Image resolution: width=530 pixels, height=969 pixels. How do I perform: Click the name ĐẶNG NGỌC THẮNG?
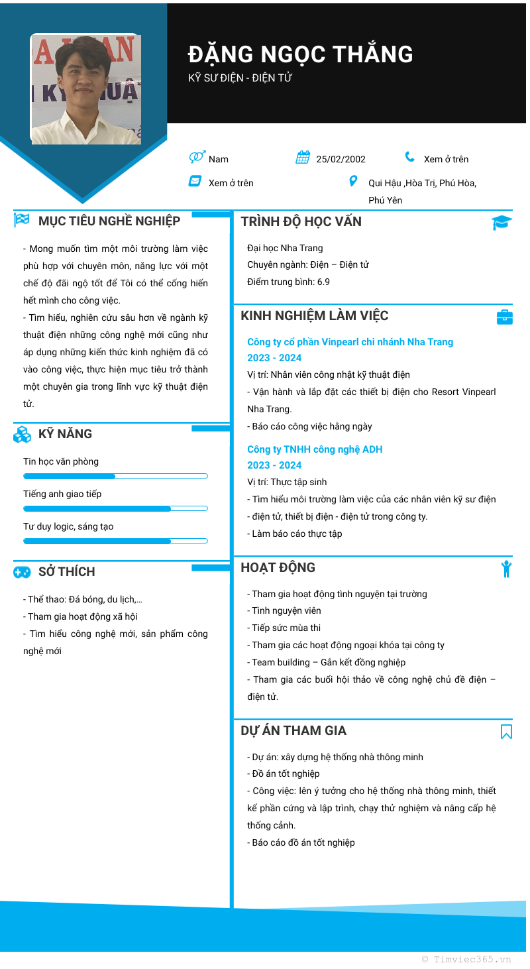[300, 54]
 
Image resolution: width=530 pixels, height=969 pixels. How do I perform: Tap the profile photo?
[85, 89]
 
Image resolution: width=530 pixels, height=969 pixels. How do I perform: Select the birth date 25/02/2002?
[341, 159]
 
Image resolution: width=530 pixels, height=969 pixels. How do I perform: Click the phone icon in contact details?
[410, 158]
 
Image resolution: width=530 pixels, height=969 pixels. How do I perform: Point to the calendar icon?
[303, 158]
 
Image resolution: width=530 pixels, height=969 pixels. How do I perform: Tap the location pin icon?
[353, 182]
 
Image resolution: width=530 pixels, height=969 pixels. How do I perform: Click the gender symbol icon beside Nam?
[197, 158]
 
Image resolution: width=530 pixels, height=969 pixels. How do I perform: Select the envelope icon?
[195, 182]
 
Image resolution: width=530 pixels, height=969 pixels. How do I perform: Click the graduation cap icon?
[502, 223]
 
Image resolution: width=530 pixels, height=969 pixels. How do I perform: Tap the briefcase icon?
[504, 317]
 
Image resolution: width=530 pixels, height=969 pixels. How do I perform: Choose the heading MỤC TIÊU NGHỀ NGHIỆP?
[109, 221]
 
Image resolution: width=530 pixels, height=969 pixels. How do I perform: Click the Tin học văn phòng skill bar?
[115, 477]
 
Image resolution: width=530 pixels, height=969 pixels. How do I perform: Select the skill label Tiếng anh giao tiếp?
[62, 494]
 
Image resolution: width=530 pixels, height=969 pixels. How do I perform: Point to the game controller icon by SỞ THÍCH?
[22, 572]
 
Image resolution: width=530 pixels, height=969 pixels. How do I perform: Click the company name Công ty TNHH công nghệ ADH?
[315, 449]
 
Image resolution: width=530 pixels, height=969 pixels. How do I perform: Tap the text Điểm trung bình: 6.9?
[288, 282]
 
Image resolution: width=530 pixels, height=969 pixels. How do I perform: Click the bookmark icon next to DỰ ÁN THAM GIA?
[506, 732]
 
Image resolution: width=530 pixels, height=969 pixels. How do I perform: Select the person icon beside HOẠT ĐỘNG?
[506, 569]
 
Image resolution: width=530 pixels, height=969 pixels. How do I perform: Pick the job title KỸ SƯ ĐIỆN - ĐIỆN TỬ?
[240, 78]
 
